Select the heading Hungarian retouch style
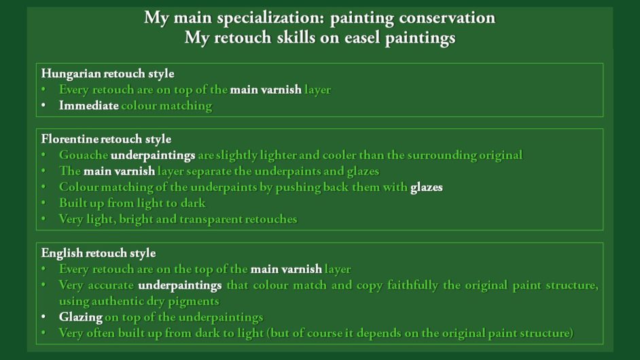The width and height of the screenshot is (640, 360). click(108, 74)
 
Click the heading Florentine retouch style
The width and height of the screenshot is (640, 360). click(106, 139)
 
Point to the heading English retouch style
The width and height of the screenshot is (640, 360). click(99, 253)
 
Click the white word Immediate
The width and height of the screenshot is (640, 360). click(88, 105)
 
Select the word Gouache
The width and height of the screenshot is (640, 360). click(84, 155)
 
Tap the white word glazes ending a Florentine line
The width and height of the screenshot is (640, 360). click(427, 187)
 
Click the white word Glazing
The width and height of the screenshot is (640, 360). click(80, 318)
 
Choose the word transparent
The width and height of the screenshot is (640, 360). click(212, 219)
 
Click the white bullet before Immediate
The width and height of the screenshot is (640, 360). click(43, 105)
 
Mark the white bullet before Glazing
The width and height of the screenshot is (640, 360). click(43, 317)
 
